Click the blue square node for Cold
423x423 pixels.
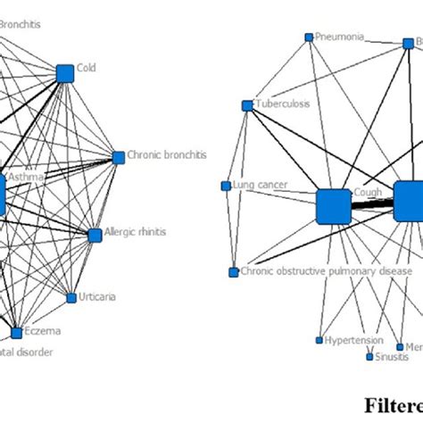64,73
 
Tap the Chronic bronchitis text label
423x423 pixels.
167,154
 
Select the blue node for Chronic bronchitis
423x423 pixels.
118,158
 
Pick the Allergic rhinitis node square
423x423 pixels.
95,235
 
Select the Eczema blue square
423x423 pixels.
16,333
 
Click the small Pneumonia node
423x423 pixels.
309,37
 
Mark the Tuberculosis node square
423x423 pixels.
247,105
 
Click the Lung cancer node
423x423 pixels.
226,186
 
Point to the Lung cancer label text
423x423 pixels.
258,185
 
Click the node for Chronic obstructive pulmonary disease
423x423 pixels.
233,272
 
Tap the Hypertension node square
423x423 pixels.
319,340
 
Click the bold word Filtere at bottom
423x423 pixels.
393,402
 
